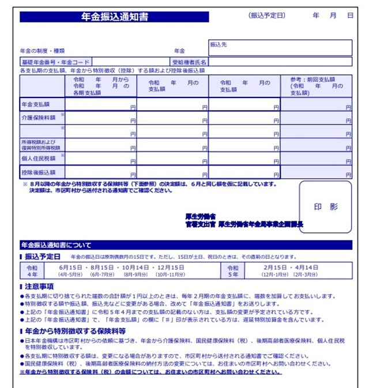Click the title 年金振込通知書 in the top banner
pos(115,17)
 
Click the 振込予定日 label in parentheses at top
pos(266,16)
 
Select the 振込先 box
pos(280,47)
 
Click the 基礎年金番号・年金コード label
pos(55,62)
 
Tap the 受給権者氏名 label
pos(190,62)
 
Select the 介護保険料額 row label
pos(38,118)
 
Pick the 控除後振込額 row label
pos(38,172)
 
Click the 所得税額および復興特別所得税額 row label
pos(38,144)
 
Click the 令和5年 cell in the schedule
pos(232,271)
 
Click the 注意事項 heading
pos(39,286)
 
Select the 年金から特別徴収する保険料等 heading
pos(75,332)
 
